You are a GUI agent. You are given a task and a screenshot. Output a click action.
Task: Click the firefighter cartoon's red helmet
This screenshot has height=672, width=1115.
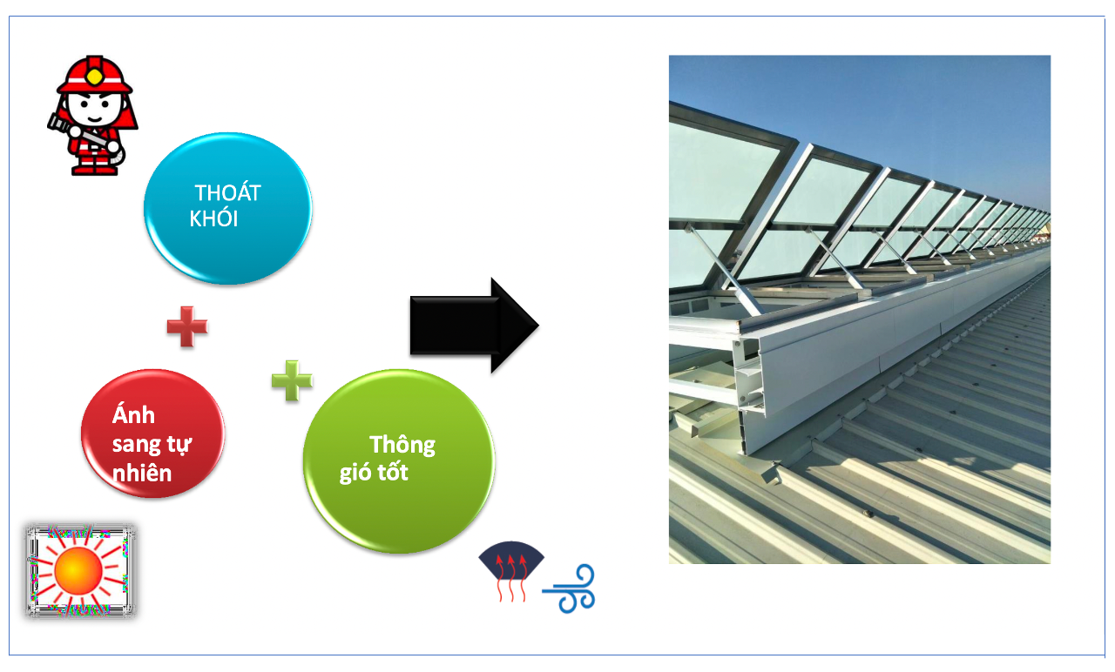coord(94,73)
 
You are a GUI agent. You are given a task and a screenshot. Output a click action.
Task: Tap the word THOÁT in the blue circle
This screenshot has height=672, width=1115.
coord(228,192)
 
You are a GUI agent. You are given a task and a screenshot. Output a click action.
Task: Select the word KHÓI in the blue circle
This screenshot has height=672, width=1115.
coord(213,218)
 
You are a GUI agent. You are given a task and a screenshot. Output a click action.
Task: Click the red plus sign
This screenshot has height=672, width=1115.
coord(187,326)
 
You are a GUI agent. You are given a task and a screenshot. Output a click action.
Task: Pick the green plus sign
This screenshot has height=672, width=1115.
coord(292,380)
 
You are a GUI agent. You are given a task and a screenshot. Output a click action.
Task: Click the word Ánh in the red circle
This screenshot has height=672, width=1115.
coord(134,415)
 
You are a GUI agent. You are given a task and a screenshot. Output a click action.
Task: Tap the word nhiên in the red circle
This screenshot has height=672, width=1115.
coord(142,473)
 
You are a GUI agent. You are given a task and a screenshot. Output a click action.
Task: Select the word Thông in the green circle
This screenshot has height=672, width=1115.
coord(402,445)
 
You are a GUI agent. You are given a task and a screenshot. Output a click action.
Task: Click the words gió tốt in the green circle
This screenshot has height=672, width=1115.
coord(374,474)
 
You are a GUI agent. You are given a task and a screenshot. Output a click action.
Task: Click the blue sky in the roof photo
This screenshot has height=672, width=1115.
coord(871,104)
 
